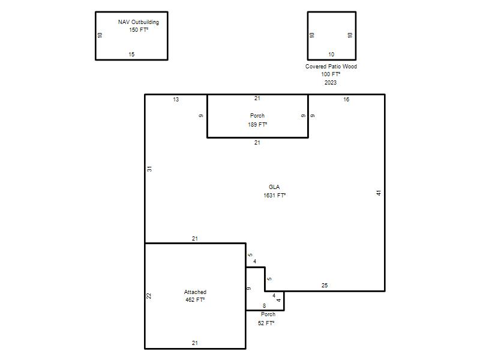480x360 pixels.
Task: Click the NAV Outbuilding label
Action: pyautogui.click(x=139, y=22)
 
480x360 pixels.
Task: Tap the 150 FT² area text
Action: pyautogui.click(x=139, y=29)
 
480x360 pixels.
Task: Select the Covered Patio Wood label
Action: pyautogui.click(x=331, y=67)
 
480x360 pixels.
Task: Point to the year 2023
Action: pyautogui.click(x=331, y=83)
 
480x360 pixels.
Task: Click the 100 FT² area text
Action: pyautogui.click(x=331, y=74)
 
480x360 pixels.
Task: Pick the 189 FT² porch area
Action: pyautogui.click(x=257, y=125)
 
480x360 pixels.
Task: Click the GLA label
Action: pyautogui.click(x=274, y=187)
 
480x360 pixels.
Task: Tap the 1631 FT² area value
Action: pyautogui.click(x=275, y=196)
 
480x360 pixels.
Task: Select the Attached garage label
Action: pyautogui.click(x=195, y=292)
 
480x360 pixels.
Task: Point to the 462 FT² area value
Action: pyautogui.click(x=195, y=300)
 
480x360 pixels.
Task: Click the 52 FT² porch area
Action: pyautogui.click(x=266, y=323)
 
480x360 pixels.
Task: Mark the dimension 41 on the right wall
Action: pyautogui.click(x=379, y=193)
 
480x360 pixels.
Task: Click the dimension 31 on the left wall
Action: pyautogui.click(x=149, y=169)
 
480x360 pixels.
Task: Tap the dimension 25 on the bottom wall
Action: pyautogui.click(x=325, y=286)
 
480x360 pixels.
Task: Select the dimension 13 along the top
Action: pyautogui.click(x=176, y=100)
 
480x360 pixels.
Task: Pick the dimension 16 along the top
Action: pyautogui.click(x=346, y=100)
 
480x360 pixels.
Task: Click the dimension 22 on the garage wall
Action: pyautogui.click(x=149, y=296)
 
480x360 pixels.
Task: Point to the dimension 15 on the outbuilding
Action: pyautogui.click(x=131, y=55)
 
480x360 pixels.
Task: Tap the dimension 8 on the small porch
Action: pyautogui.click(x=264, y=306)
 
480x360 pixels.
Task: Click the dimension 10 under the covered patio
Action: pyautogui.click(x=331, y=55)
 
